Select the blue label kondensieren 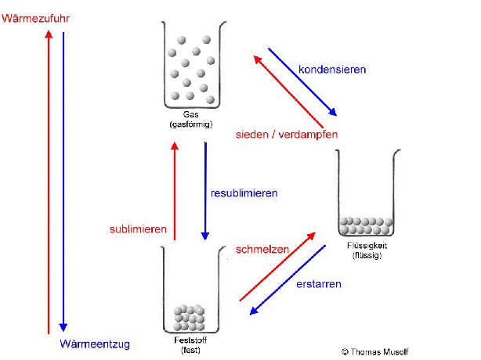pyautogui.click(x=332, y=69)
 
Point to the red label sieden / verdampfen pyautogui.click(x=287, y=135)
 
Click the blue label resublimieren pyautogui.click(x=244, y=193)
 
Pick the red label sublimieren pyautogui.click(x=138, y=229)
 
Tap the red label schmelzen pyautogui.click(x=262, y=250)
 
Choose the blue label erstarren pyautogui.click(x=318, y=284)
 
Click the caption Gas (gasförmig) pyautogui.click(x=191, y=119)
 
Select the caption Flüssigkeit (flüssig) pyautogui.click(x=367, y=250)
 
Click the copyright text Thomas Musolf pyautogui.click(x=374, y=352)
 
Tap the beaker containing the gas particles pyautogui.click(x=191, y=66)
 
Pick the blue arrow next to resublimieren pyautogui.click(x=205, y=191)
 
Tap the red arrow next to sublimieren pyautogui.click(x=174, y=191)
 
